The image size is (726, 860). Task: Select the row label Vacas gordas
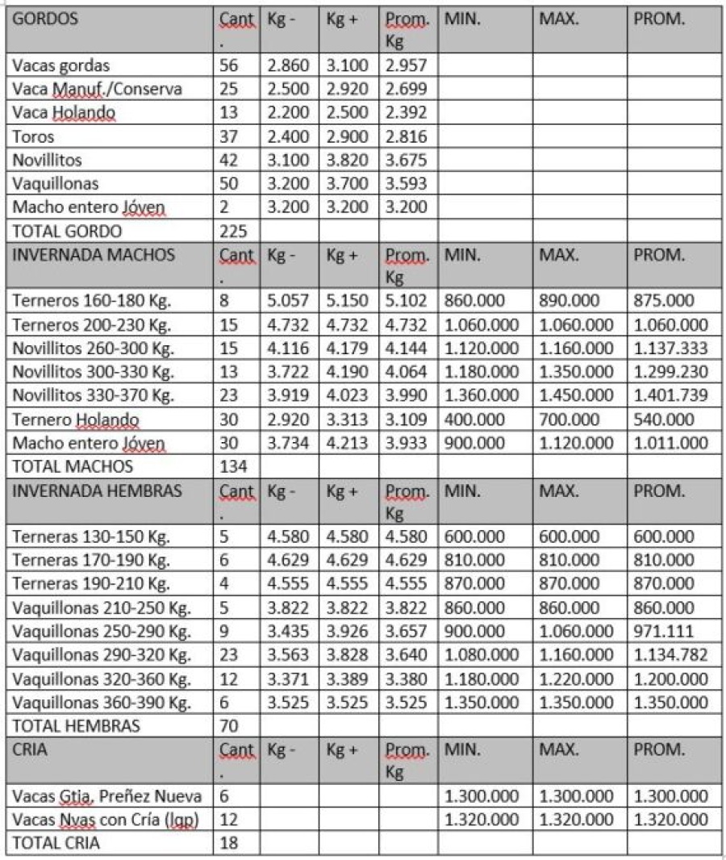[61, 66]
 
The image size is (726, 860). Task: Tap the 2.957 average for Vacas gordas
[406, 66]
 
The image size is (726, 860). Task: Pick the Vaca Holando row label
[65, 113]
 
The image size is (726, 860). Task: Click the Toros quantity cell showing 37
[230, 136]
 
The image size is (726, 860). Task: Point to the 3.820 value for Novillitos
[347, 160]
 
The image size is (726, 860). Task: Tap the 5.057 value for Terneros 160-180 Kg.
[288, 301]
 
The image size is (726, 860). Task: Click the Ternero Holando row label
[77, 420]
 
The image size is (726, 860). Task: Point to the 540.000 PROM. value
[663, 420]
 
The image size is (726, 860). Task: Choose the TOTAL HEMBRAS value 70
[230, 725]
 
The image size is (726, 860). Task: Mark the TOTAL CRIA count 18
[230, 843]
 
